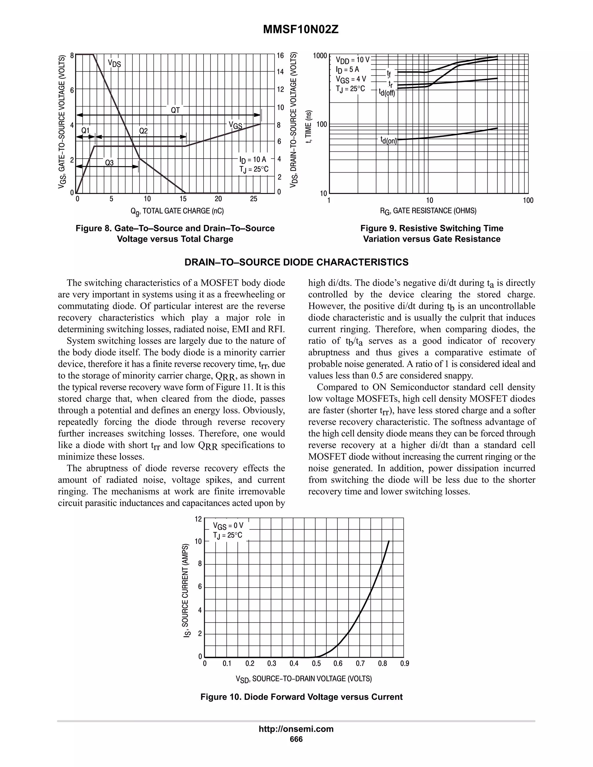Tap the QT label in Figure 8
tap(175, 110)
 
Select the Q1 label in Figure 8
tap(85, 131)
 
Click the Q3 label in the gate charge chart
tap(109, 163)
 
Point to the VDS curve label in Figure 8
tap(114, 64)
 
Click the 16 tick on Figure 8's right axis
tap(280, 56)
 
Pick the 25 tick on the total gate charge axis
tap(253, 199)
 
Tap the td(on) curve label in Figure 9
tap(389, 140)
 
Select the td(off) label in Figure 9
tap(387, 93)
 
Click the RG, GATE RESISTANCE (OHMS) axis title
tap(428, 211)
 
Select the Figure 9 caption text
tap(431, 234)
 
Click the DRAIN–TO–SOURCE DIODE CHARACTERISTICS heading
tap(296, 262)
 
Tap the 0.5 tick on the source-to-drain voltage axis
tap(316, 663)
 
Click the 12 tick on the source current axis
tap(198, 519)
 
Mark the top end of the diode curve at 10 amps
tap(389, 541)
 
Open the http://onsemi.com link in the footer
tap(296, 729)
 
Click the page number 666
tap(296, 739)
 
